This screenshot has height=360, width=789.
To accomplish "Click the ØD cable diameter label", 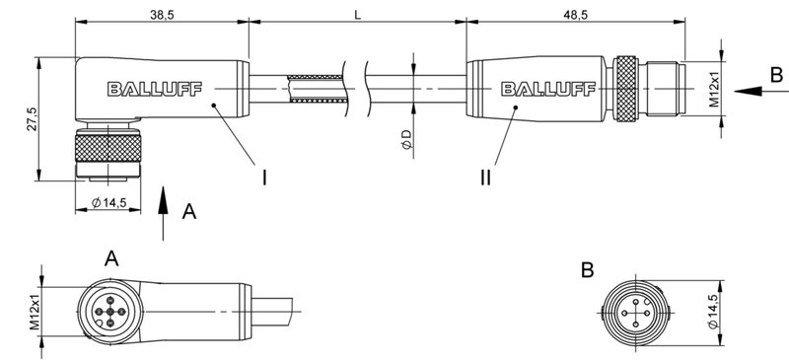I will click(407, 139).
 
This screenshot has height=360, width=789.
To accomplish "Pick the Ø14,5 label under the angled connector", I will click(110, 203).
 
